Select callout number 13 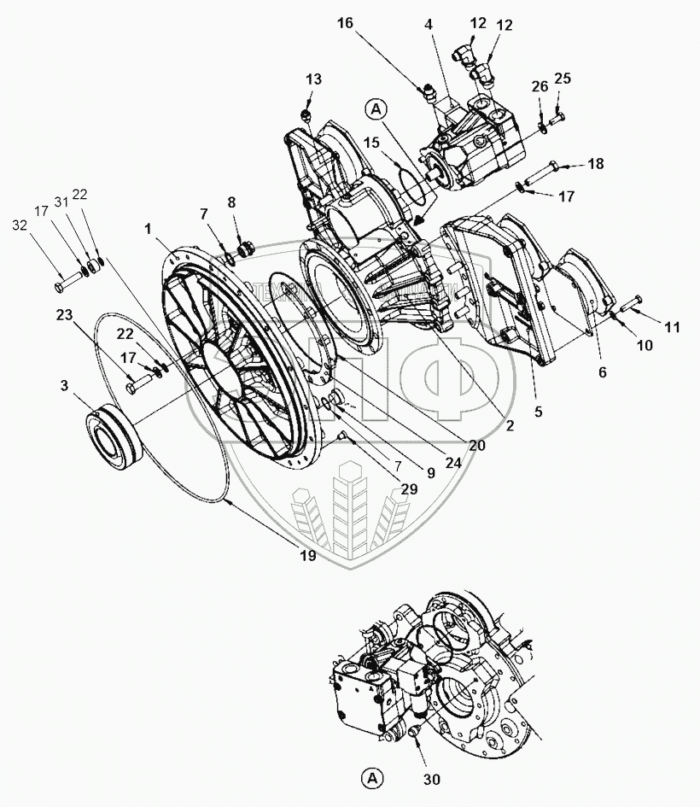314,79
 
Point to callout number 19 307,556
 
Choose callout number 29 410,489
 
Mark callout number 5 538,410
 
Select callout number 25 562,79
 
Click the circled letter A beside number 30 370,777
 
